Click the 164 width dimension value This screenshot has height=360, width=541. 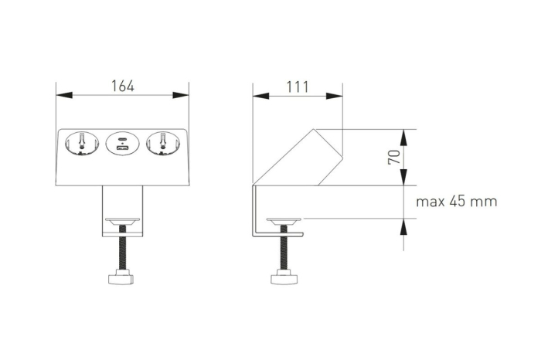tap(123, 86)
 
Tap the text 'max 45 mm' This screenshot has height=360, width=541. tap(456, 202)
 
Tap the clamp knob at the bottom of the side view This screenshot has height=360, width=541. tap(283, 277)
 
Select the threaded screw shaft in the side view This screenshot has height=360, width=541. tap(283, 250)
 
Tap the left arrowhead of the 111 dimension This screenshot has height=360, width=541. tap(260, 96)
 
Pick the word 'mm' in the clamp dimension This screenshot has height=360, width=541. tap(485, 202)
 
